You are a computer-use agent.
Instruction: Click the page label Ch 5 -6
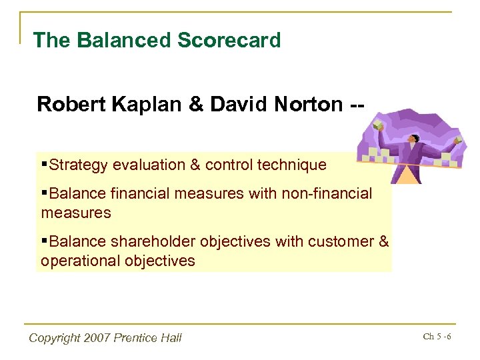pyautogui.click(x=437, y=336)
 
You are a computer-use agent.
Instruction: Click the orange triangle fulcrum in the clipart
pyautogui.click(x=406, y=175)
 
